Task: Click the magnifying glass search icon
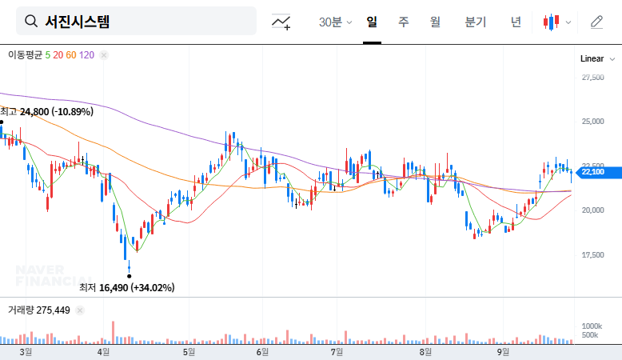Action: (31, 22)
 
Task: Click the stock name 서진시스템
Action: (77, 22)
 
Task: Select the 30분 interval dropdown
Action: (335, 22)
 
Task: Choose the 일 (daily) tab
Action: (372, 22)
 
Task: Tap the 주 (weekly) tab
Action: (404, 22)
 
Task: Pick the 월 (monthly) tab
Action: (435, 22)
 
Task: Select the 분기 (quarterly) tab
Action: (475, 22)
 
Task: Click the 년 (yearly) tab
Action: (516, 22)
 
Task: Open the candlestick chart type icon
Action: (556, 22)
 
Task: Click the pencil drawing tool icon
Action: (596, 22)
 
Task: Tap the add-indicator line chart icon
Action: (281, 22)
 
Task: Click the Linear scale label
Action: (592, 58)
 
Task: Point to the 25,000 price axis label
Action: (592, 122)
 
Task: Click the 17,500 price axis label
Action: (592, 254)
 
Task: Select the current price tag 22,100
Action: (592, 171)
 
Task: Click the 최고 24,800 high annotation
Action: (47, 112)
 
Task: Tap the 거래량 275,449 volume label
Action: (39, 310)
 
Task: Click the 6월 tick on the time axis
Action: (261, 351)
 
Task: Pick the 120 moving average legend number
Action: (87, 55)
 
